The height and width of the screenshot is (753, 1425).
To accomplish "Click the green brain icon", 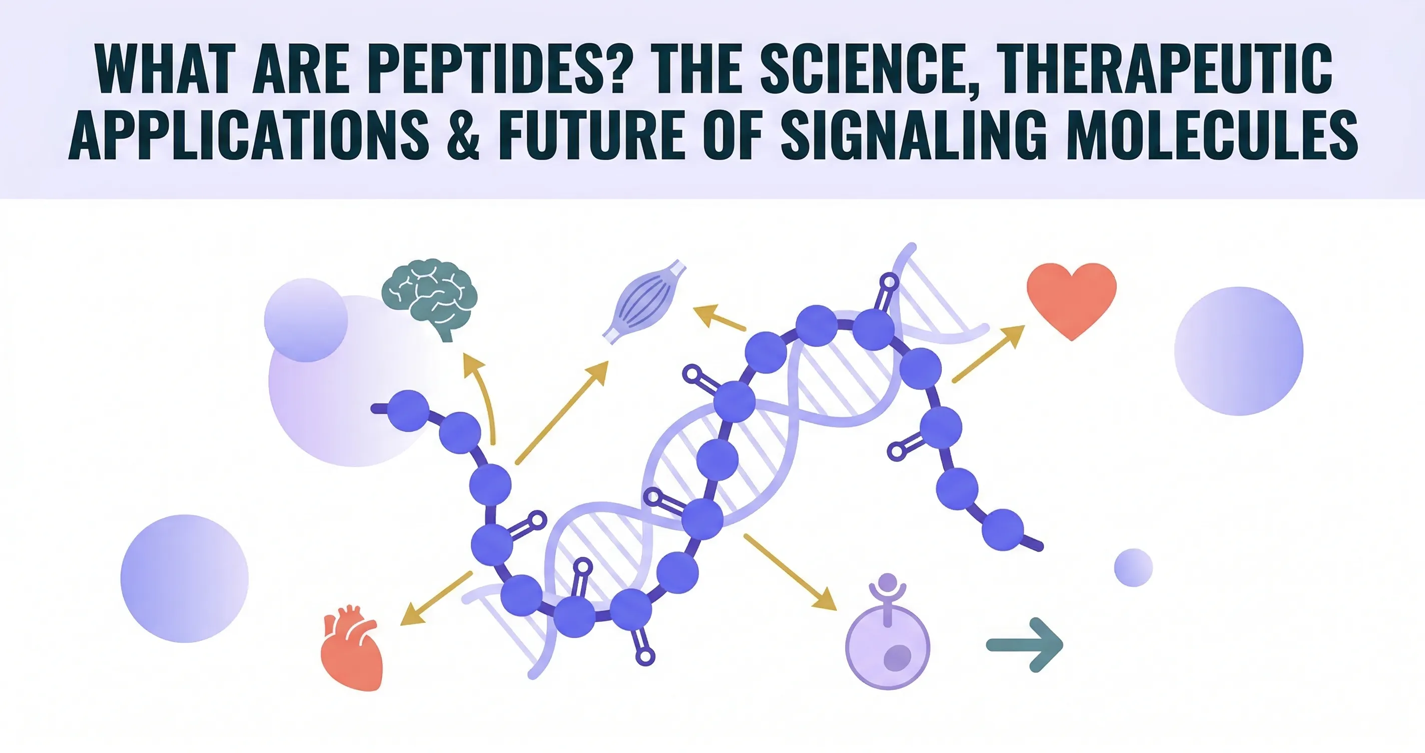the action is [x=430, y=299].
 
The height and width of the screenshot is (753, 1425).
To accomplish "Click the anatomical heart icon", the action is [x=352, y=648].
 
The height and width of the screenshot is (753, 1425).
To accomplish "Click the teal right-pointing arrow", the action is [x=1025, y=644].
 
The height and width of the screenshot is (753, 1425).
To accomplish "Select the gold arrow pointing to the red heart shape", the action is [x=988, y=353].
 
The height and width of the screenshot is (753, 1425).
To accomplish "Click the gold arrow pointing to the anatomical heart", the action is [x=435, y=598].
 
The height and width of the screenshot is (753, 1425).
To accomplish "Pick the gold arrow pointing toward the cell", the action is [x=790, y=572].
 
